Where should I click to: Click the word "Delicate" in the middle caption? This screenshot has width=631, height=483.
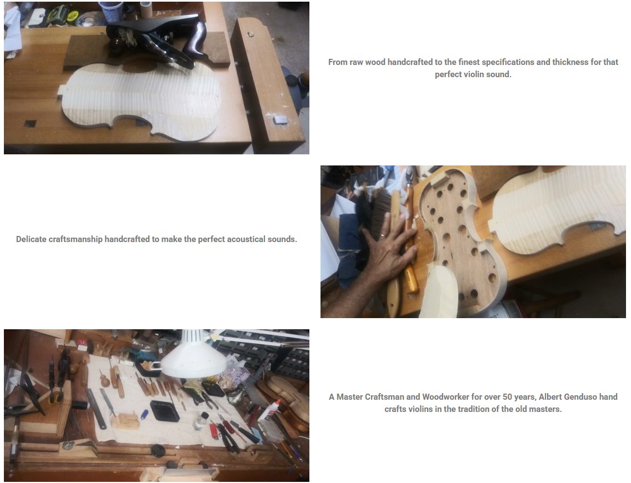(31, 239)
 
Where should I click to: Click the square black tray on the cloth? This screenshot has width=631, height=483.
(165, 411)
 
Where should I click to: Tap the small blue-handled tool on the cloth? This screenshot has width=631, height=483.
(144, 414)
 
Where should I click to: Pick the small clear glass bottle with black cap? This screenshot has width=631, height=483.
(199, 421)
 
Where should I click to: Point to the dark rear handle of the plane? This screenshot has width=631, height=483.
(196, 38)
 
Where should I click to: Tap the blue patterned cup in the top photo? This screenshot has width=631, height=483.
(111, 11)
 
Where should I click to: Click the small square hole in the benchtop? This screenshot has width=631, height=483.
(30, 124)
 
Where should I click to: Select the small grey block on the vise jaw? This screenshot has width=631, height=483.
(280, 119)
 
